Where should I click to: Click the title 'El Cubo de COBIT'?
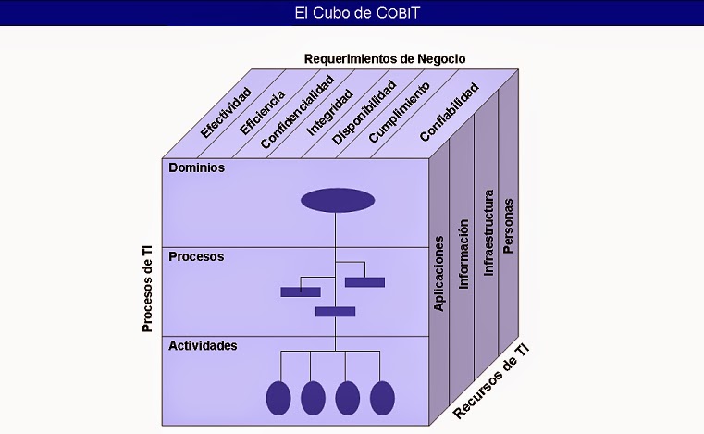click(x=352, y=13)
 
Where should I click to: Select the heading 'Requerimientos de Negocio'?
click(x=385, y=59)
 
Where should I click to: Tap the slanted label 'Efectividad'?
click(x=226, y=113)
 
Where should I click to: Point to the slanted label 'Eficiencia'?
click(x=262, y=112)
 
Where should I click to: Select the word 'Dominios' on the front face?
click(x=196, y=168)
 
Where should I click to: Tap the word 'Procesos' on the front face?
click(x=196, y=256)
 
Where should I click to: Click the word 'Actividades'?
click(x=203, y=345)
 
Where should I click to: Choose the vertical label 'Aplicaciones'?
click(x=439, y=273)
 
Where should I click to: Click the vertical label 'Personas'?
click(x=508, y=225)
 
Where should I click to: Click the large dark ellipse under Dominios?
click(x=338, y=200)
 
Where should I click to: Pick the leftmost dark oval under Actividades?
click(x=278, y=397)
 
